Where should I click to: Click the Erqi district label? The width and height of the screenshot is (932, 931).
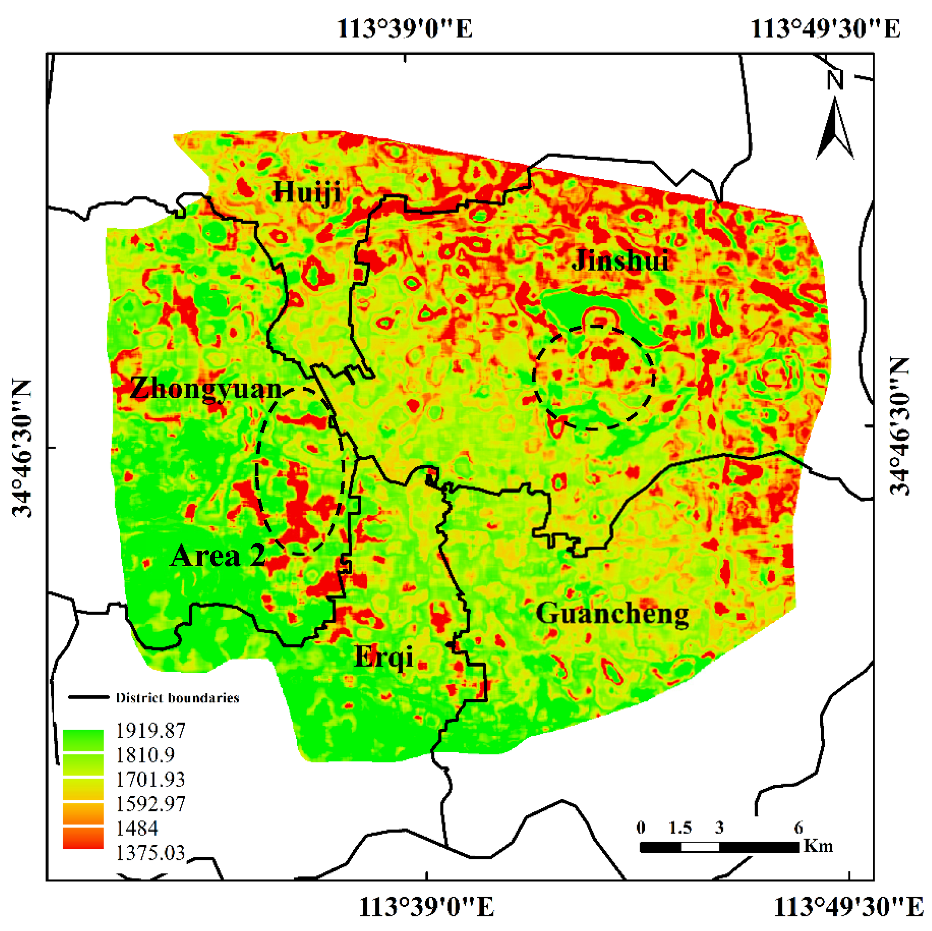(384, 657)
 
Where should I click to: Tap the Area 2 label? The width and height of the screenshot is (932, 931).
(218, 556)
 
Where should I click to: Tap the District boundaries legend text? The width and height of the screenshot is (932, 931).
(177, 698)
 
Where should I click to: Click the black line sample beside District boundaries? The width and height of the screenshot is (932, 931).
(88, 697)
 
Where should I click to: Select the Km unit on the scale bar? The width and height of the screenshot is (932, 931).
(819, 846)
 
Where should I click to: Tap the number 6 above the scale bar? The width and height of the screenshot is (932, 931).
(798, 827)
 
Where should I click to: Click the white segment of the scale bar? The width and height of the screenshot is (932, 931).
(700, 847)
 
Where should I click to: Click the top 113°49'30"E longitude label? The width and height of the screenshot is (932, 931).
(825, 29)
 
